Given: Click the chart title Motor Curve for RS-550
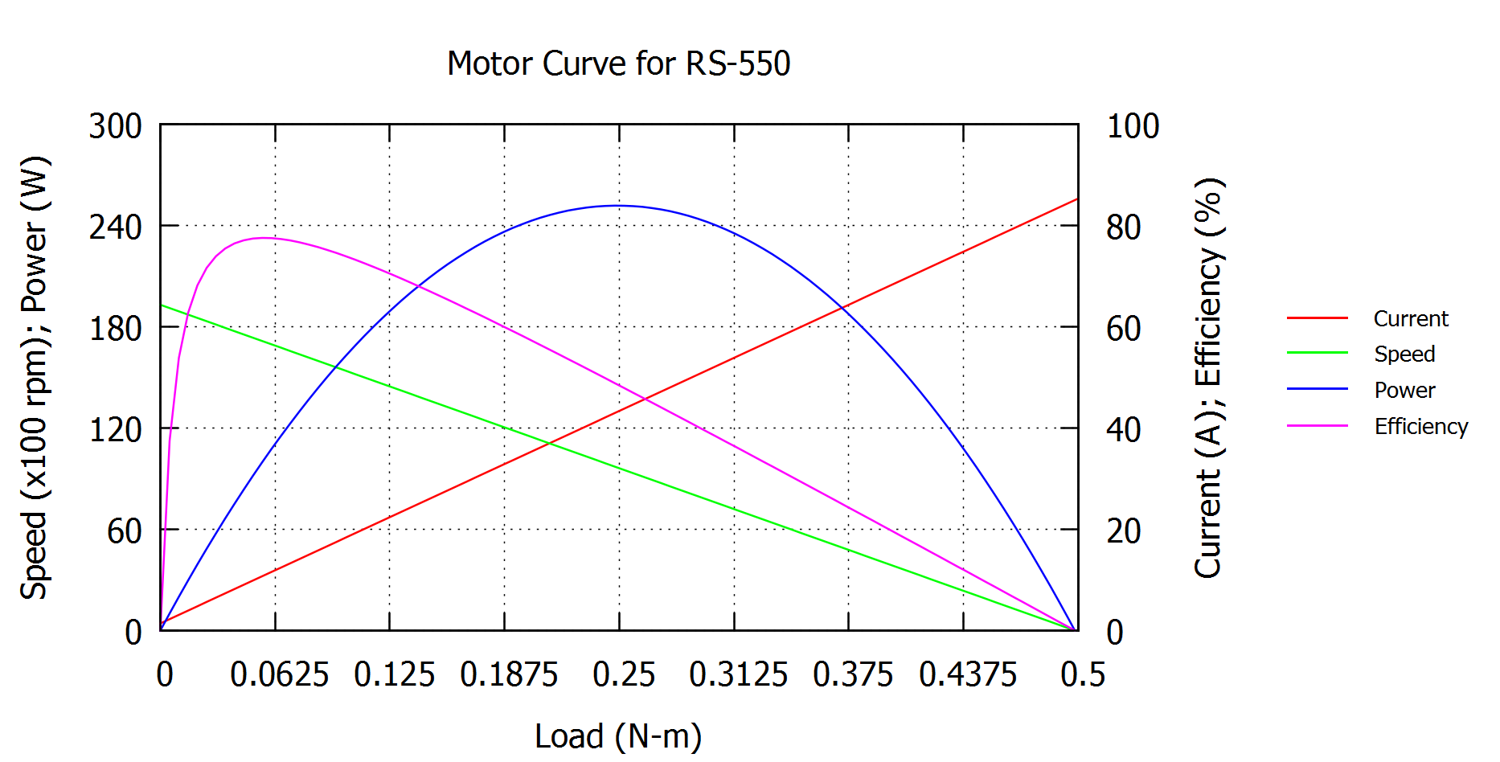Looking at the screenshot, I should pyautogui.click(x=618, y=63).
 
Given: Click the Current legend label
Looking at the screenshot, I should pyautogui.click(x=1410, y=318).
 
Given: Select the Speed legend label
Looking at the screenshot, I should pyautogui.click(x=1404, y=354).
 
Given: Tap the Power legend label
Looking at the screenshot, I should pyautogui.click(x=1404, y=390).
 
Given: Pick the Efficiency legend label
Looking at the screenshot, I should pyautogui.click(x=1420, y=426).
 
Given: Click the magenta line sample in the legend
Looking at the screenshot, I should pyautogui.click(x=1317, y=425).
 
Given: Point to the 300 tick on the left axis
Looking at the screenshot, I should pyautogui.click(x=115, y=126).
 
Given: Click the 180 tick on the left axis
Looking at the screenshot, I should pyautogui.click(x=115, y=328).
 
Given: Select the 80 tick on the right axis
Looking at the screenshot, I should pyautogui.click(x=1123, y=227).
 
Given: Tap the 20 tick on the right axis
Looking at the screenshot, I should pyautogui.click(x=1123, y=531).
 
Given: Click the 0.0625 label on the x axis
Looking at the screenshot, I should pyautogui.click(x=279, y=674).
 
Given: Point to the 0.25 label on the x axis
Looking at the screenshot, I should pyautogui.click(x=623, y=674).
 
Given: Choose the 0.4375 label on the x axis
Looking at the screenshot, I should pyautogui.click(x=967, y=674).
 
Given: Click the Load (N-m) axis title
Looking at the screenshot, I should pyautogui.click(x=618, y=735).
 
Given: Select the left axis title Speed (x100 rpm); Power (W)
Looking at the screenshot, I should pyautogui.click(x=35, y=378).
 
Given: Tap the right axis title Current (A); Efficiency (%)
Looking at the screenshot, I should pyautogui.click(x=1207, y=378).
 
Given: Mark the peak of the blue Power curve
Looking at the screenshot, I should pyautogui.click(x=618, y=206).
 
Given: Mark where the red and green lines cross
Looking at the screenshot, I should pyautogui.click(x=550, y=442).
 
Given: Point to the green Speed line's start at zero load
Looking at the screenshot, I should pyautogui.click(x=162, y=305).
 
